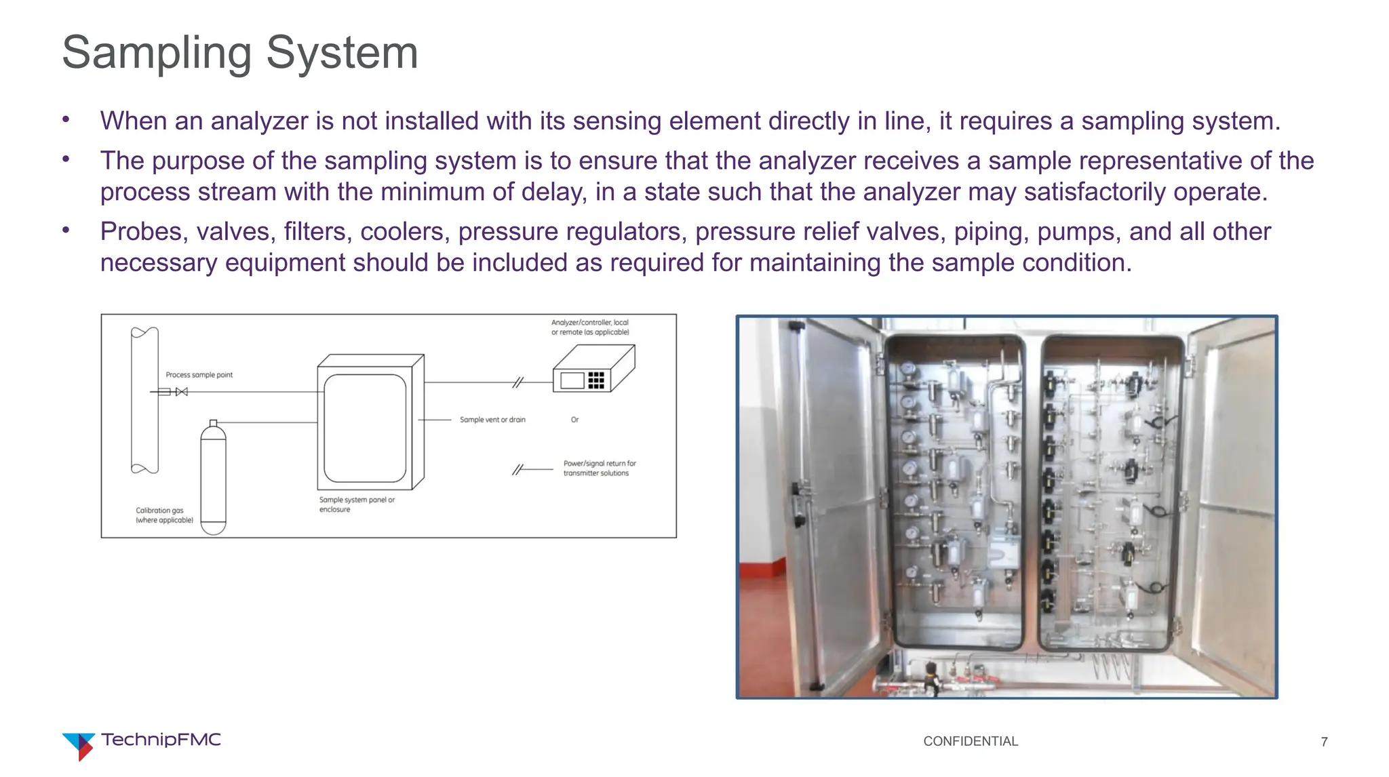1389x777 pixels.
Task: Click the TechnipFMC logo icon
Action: point(78,745)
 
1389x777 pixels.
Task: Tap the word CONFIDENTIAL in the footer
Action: point(970,741)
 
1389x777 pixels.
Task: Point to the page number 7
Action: point(1324,742)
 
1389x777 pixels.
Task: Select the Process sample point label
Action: point(199,375)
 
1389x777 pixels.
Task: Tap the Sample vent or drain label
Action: point(492,420)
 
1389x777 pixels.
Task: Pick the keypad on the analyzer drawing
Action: point(595,380)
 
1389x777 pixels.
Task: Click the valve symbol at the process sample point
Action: point(181,392)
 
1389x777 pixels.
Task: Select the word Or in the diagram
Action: point(574,420)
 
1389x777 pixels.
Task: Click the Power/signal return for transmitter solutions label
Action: point(599,469)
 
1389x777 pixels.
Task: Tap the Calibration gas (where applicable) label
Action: point(164,515)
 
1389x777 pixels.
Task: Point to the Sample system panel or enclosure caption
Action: point(356,504)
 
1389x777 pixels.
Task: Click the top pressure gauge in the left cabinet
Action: point(907,369)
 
